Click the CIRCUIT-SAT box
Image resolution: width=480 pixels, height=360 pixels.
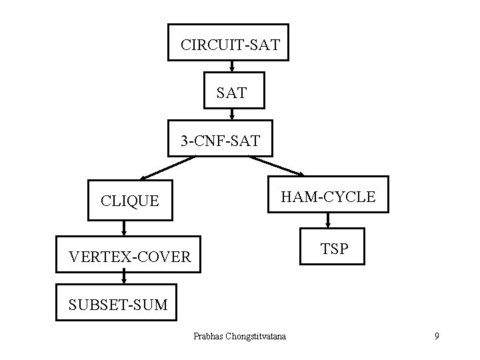(228, 43)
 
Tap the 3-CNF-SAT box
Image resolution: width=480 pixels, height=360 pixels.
(220, 138)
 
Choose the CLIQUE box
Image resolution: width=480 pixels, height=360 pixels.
(130, 200)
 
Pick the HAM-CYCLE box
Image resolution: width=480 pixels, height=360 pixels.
(327, 194)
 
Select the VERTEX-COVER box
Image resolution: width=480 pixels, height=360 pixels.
(128, 254)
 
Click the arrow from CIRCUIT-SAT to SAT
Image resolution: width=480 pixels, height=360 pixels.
(231, 67)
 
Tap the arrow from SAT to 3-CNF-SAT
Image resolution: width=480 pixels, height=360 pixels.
(231, 114)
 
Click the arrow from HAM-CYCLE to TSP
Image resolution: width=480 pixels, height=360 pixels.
(328, 221)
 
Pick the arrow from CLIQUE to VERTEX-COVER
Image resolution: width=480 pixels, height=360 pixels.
(124, 228)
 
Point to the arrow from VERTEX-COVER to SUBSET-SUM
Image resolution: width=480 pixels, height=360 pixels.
(124, 279)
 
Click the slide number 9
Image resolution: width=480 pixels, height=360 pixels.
(436, 336)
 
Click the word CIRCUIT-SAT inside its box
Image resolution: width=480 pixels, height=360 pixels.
(231, 47)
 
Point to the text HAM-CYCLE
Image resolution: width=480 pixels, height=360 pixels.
(328, 197)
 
